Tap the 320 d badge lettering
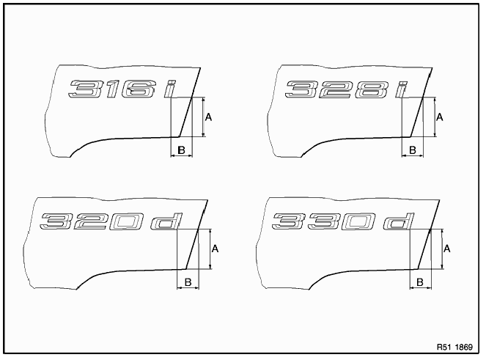point(111,221)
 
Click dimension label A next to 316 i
point(208,117)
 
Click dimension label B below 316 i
point(180,150)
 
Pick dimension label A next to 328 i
point(439,117)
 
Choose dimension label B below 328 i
point(412,150)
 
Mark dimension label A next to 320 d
point(216,249)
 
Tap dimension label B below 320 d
point(188,282)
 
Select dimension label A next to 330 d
point(446,249)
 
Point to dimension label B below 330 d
point(419,282)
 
